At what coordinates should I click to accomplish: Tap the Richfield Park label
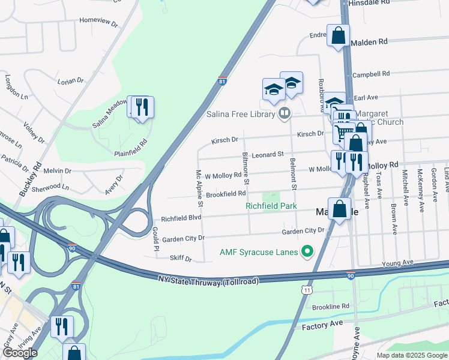tap(271, 206)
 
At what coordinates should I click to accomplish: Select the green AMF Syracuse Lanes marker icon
tap(307, 251)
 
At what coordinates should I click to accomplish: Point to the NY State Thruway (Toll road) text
tap(208, 280)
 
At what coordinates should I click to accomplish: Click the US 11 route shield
tap(307, 290)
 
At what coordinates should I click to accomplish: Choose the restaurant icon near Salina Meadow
tap(142, 107)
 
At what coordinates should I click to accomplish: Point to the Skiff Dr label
tap(180, 259)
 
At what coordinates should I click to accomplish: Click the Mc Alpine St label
tap(199, 188)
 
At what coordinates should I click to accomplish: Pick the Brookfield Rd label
tap(226, 194)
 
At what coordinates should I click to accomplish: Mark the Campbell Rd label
tap(371, 74)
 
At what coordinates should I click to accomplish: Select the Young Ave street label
tap(399, 263)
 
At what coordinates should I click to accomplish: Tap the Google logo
tap(20, 353)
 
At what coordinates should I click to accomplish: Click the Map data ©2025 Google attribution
tap(412, 355)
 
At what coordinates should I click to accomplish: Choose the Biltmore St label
tap(246, 167)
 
